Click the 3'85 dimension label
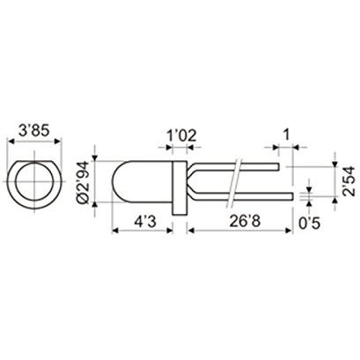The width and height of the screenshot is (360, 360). point(33,131)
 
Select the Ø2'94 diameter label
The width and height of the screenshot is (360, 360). point(83,181)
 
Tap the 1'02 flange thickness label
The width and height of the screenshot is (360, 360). point(181,136)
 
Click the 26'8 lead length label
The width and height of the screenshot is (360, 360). point(245,222)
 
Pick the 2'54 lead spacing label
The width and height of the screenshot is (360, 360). point(349,181)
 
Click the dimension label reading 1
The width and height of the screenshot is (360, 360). point(285,135)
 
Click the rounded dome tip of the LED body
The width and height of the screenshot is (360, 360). point(113,181)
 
